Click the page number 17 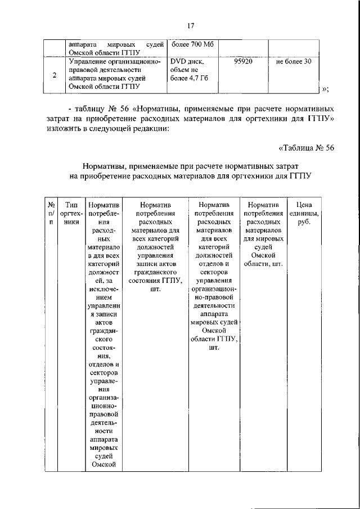(x=191, y=24)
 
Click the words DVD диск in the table (x=185, y=61)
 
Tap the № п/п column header (x=51, y=214)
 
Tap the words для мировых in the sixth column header (x=264, y=238)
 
